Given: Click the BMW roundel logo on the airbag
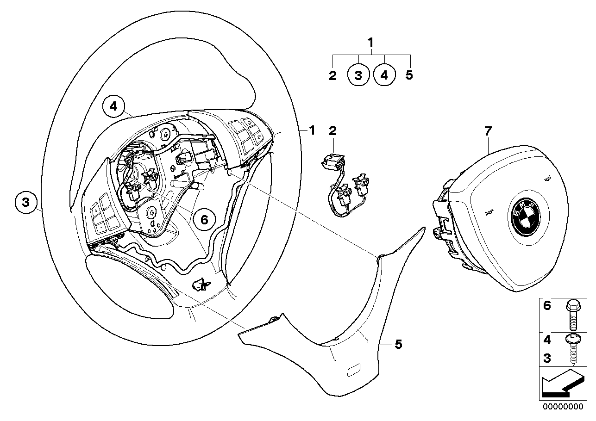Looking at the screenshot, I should point(525,216).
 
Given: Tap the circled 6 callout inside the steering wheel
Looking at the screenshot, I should point(204,219).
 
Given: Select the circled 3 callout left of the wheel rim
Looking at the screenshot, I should point(26,202).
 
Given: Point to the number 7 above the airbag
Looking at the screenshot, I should point(487,131).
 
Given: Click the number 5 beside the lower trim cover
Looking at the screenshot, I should point(398,344).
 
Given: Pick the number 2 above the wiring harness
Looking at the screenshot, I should point(333,131).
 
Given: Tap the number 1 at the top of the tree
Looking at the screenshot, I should point(370,43).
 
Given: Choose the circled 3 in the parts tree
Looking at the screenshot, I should point(358,75).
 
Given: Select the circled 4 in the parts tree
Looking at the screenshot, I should point(384,75).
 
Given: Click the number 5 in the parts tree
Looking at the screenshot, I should point(409,75).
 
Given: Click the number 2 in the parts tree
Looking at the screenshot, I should point(333,75).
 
